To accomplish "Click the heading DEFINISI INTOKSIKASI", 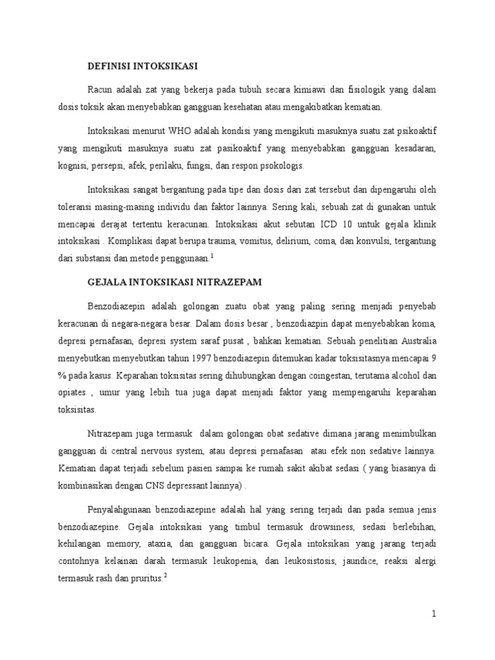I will tap(142, 66).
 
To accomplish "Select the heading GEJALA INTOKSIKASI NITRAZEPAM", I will tap(173, 282).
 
